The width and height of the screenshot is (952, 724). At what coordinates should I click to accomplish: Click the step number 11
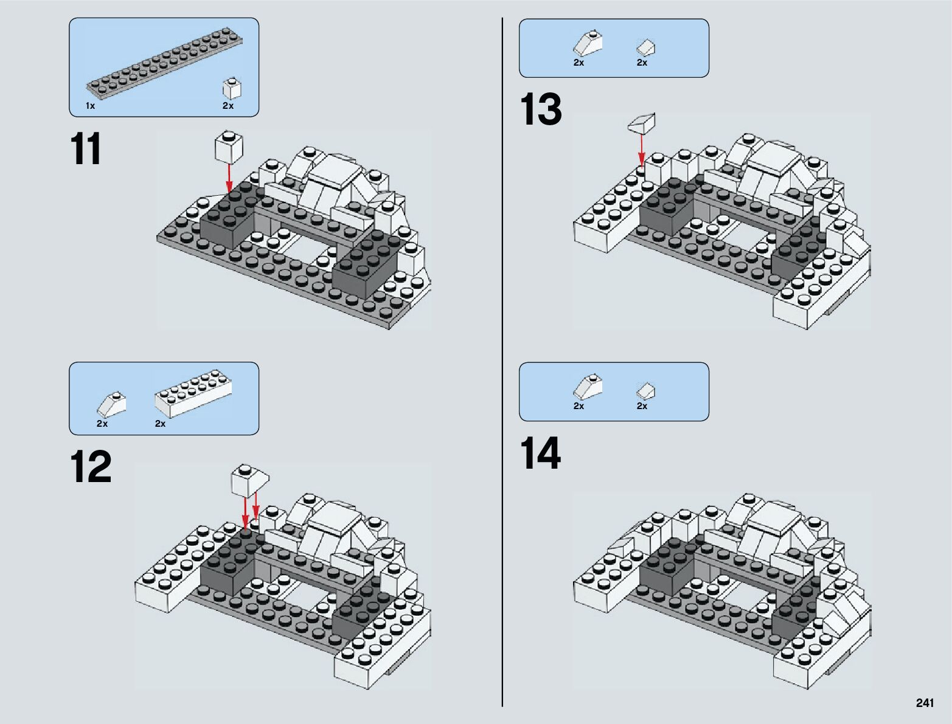point(86,150)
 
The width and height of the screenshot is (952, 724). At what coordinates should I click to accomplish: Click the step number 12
point(91,467)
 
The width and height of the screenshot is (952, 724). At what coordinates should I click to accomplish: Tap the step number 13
point(540,110)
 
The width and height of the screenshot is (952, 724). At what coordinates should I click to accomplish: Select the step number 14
point(540,454)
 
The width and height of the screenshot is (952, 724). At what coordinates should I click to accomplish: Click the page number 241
point(924,703)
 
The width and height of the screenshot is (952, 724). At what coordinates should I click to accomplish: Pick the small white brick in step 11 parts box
point(231,89)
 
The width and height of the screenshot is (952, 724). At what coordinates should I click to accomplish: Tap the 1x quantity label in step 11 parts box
point(90,106)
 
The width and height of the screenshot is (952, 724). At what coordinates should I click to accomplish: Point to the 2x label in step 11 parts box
point(228,106)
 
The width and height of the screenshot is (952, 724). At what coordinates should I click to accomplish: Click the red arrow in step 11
point(229,178)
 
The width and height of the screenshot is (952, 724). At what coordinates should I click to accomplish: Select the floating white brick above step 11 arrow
point(229,147)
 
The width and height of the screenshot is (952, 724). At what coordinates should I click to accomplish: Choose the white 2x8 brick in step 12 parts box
point(193,393)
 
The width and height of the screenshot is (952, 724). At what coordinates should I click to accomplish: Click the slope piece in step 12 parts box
point(111,404)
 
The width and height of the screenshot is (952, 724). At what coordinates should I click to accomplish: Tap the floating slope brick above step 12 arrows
point(249,480)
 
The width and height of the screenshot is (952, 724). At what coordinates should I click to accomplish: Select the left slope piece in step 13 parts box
point(588,44)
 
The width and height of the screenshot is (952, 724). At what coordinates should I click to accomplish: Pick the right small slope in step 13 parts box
point(645,47)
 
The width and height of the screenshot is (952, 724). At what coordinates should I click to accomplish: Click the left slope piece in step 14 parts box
point(588,387)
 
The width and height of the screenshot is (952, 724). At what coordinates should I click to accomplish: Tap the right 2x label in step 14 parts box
point(642,406)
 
